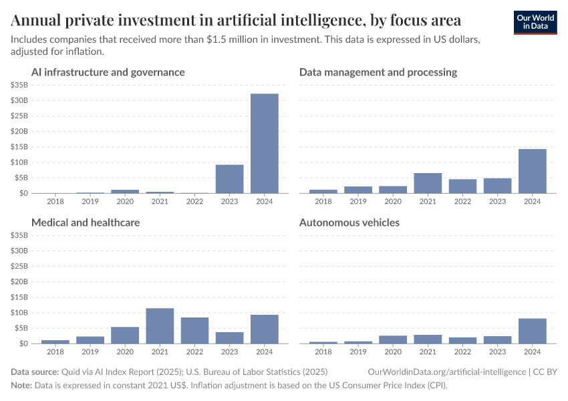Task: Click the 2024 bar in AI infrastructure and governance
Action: [264, 143]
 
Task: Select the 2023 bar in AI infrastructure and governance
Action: [229, 178]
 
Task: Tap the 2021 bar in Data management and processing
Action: [428, 183]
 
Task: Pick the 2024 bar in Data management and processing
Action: [532, 171]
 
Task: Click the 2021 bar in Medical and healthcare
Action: [160, 325]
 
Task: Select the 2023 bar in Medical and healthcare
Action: [229, 338]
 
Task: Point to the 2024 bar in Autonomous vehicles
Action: [532, 331]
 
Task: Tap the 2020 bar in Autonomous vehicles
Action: [393, 340]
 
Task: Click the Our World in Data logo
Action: [535, 22]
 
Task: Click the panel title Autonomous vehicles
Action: [349, 223]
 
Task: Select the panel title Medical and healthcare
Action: [86, 223]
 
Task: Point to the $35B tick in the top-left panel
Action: [19, 85]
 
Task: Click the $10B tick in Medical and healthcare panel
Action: [19, 313]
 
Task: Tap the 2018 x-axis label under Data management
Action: [323, 200]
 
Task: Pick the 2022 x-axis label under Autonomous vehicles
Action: [462, 351]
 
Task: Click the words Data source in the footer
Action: [35, 371]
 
